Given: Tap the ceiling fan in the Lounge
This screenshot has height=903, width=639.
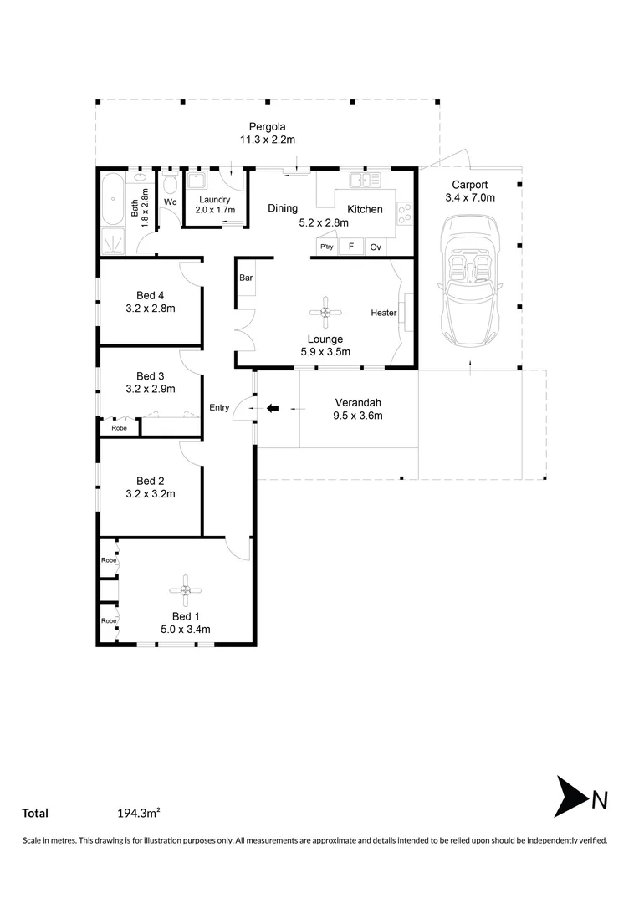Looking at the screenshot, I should pos(325,313).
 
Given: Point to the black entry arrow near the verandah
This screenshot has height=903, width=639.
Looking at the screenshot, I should pos(273,408).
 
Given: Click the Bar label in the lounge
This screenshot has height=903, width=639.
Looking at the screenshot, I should pos(247,278).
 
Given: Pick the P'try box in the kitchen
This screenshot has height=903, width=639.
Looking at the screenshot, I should pos(325,247).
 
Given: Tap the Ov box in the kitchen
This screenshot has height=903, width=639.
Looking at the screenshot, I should pos(376,247).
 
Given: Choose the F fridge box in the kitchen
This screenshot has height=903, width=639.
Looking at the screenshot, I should pos(350,247).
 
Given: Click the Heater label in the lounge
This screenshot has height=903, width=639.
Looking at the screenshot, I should pos(384,313).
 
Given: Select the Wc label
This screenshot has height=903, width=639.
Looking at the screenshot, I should pos(170,202).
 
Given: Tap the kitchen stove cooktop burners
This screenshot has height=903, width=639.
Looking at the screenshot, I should pos(404,214).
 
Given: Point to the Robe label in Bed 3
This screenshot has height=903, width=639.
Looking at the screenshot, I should pos(120,427).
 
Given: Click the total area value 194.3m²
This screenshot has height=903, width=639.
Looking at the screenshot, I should pos(139,813).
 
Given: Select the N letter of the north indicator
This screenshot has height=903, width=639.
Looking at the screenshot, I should pos(599,800).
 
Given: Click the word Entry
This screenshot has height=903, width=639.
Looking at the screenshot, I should pos(219,408).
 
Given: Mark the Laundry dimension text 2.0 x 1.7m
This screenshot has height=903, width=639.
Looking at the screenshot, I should pos(216,210).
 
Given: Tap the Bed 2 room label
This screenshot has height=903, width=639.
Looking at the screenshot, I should pos(151,481).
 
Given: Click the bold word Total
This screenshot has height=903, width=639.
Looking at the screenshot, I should pos(35,813).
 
